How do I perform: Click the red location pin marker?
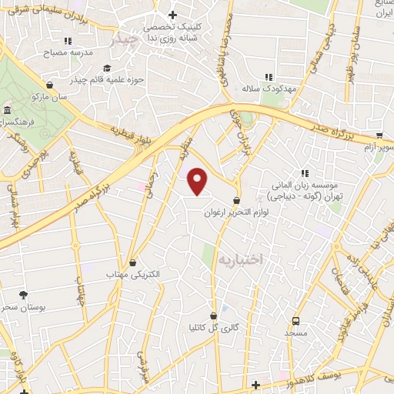[x=198, y=181]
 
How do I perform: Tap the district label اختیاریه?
[x=241, y=260]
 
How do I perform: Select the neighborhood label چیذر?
[x=125, y=39]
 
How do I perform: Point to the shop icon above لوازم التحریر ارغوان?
[x=234, y=200]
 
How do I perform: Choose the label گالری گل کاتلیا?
[x=214, y=328]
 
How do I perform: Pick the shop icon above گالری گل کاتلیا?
[x=213, y=316]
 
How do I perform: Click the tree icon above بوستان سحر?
[x=24, y=295]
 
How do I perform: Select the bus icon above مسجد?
[x=295, y=321]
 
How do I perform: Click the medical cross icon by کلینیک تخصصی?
[x=172, y=15]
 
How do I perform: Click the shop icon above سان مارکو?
[x=50, y=85]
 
